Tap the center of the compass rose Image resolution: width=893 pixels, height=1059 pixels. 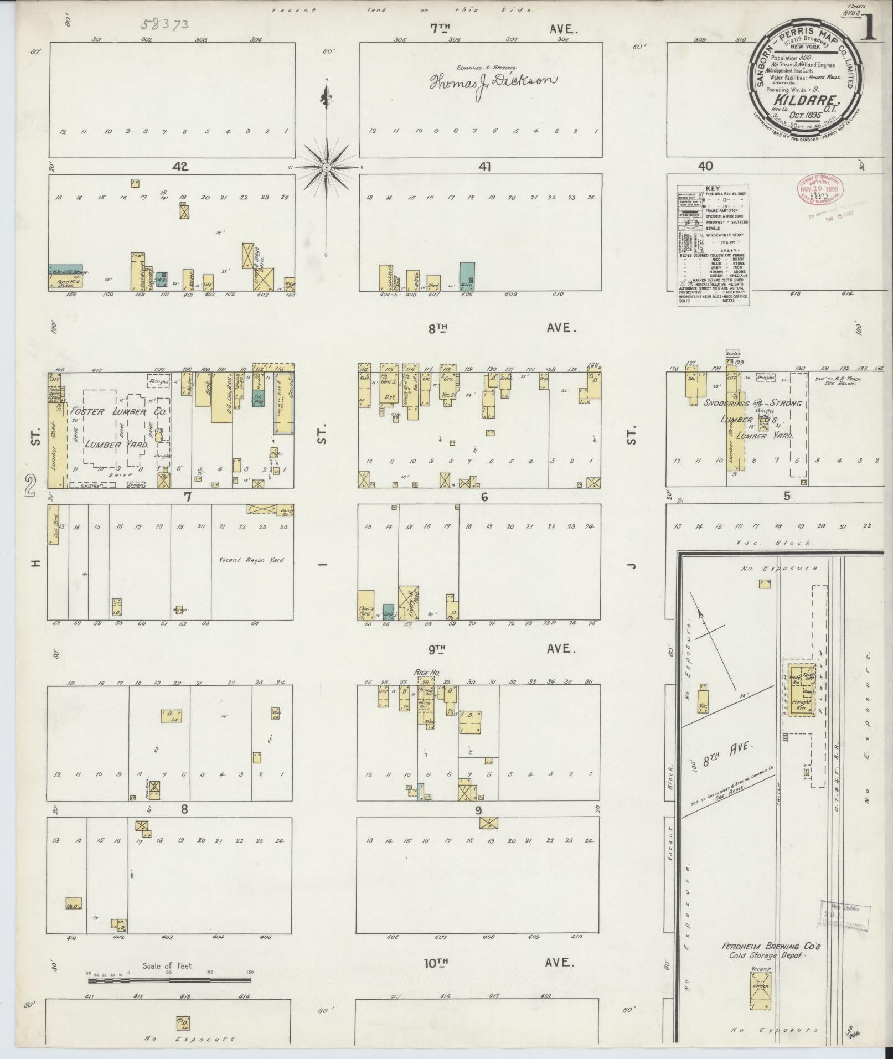pos(327,167)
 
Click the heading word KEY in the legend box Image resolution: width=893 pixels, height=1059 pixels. pos(713,189)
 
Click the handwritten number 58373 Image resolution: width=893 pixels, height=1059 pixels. pos(165,24)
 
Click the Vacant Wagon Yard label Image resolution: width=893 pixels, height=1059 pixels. pos(250,560)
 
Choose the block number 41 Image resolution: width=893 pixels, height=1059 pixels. pos(485,166)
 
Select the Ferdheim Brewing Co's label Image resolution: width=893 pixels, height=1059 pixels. pos(770,559)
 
